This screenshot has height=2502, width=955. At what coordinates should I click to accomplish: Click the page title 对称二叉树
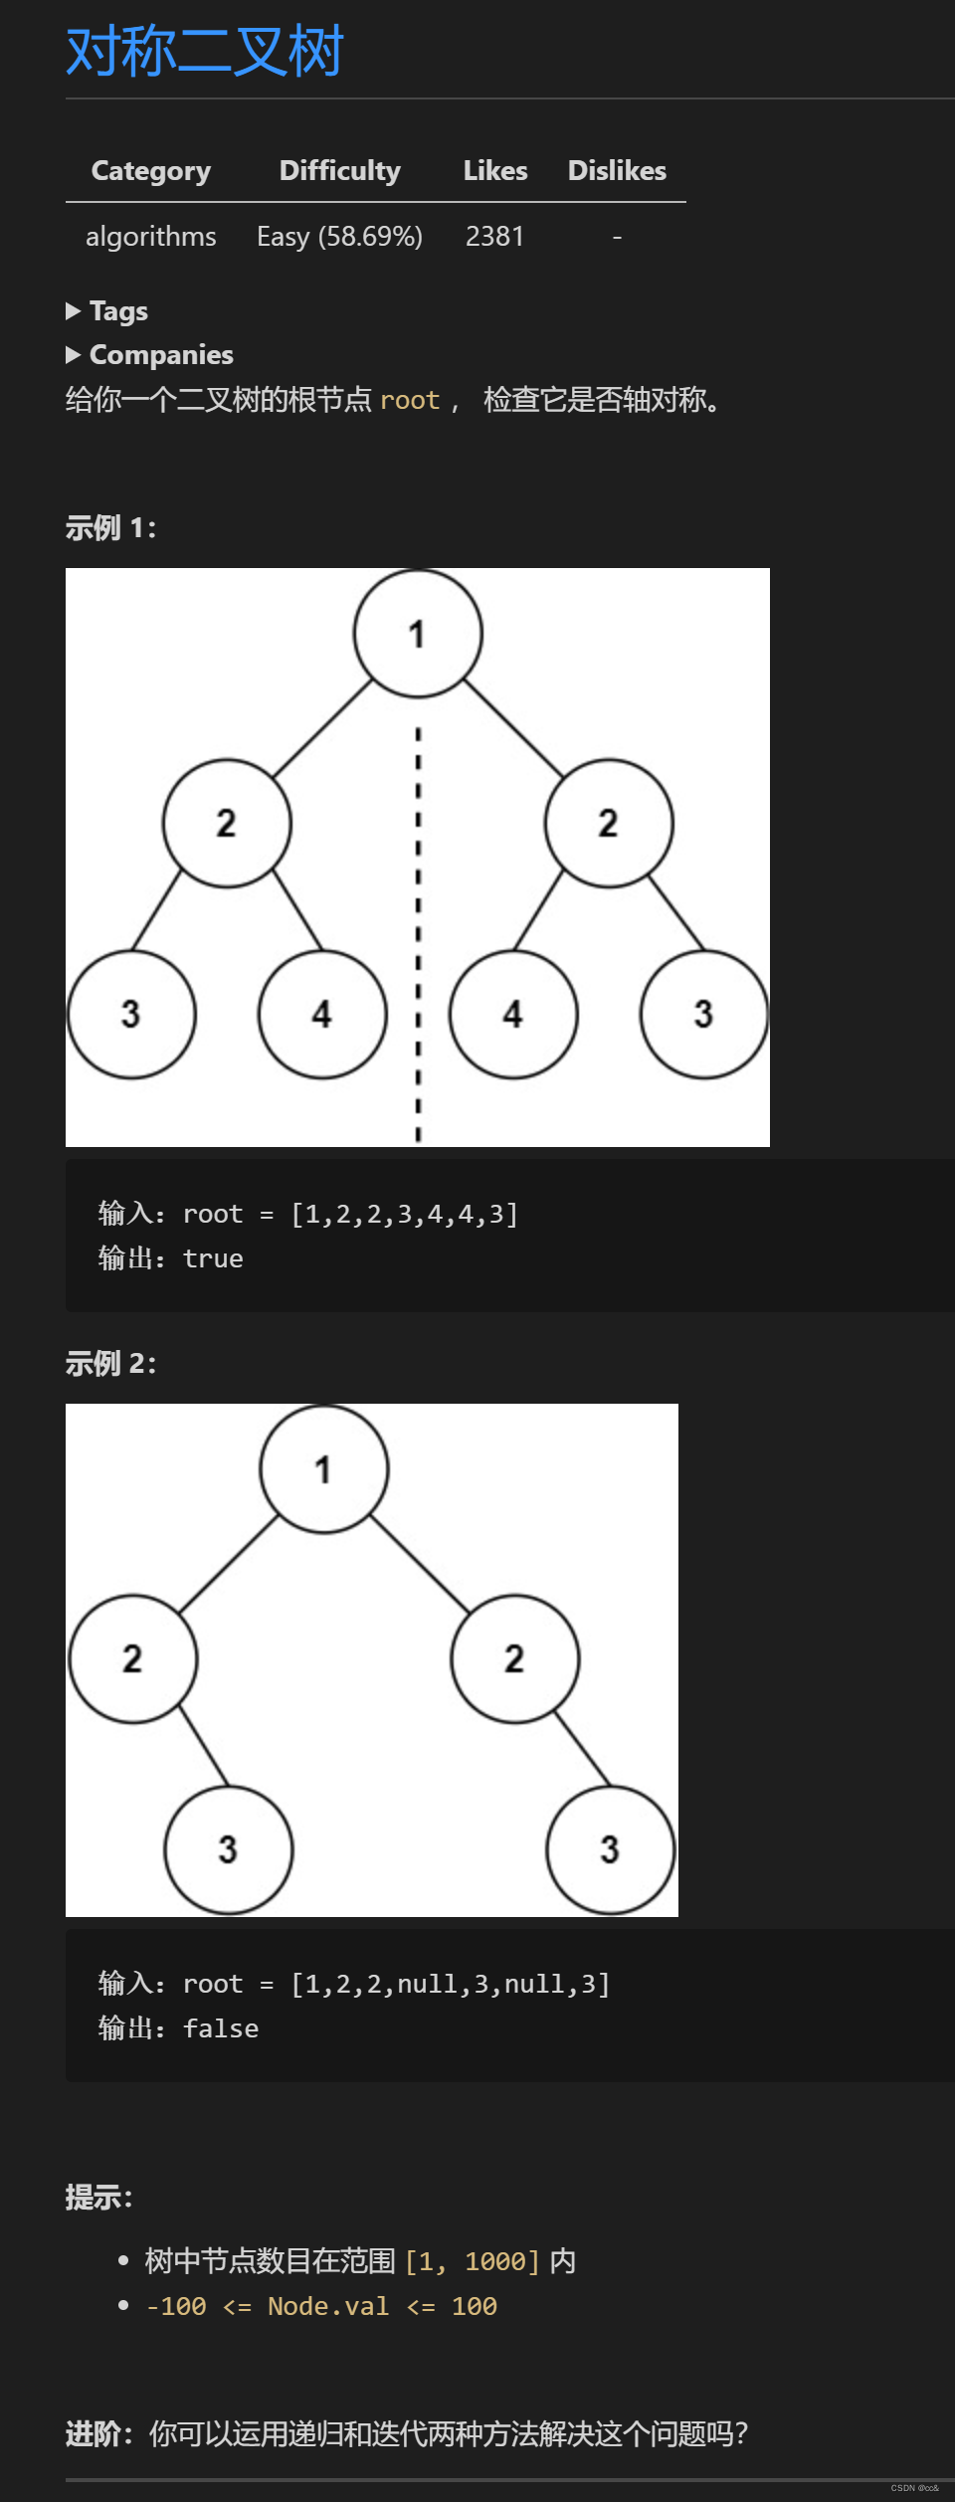pyautogui.click(x=204, y=52)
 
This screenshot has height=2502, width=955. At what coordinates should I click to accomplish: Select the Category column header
pyautogui.click(x=151, y=171)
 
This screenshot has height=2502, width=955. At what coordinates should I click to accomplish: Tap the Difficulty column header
pyautogui.click(x=340, y=171)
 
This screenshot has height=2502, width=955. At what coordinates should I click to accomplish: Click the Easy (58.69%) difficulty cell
pyautogui.click(x=339, y=237)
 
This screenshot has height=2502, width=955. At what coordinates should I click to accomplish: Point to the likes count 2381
pyautogui.click(x=494, y=237)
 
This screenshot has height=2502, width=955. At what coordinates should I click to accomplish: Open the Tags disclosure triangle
pyautogui.click(x=74, y=311)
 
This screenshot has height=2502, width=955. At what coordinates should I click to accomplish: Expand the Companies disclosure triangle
pyautogui.click(x=74, y=355)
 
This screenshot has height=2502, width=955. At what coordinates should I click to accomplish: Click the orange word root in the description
pyautogui.click(x=410, y=400)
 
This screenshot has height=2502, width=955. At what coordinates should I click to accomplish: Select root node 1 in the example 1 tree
pyautogui.click(x=418, y=634)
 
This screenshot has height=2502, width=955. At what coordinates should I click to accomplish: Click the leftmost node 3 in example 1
pyautogui.click(x=131, y=1015)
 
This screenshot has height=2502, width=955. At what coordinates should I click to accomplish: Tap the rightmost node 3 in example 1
pyautogui.click(x=704, y=1015)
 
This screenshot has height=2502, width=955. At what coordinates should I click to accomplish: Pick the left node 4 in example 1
pyautogui.click(x=322, y=1015)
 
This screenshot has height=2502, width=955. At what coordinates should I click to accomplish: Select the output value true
pyautogui.click(x=213, y=1258)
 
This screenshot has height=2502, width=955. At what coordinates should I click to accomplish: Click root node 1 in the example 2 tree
pyautogui.click(x=323, y=1469)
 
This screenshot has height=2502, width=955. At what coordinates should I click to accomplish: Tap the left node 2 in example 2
pyautogui.click(x=132, y=1659)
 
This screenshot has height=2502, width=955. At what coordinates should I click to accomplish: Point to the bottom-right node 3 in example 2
pyautogui.click(x=610, y=1849)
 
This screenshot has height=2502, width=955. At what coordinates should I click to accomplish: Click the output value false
pyautogui.click(x=221, y=2028)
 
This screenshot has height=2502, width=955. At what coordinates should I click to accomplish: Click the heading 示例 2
pyautogui.click(x=110, y=1364)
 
